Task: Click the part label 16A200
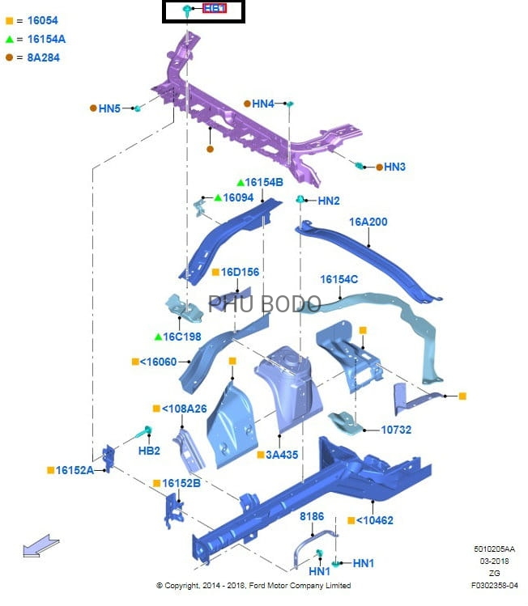pyautogui.click(x=368, y=222)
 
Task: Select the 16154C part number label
pyautogui.click(x=339, y=279)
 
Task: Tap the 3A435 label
pyautogui.click(x=282, y=455)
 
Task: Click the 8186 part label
pyautogui.click(x=312, y=515)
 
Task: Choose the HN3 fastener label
pyautogui.click(x=394, y=167)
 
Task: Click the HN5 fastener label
pyautogui.click(x=109, y=108)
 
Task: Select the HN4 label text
pyautogui.click(x=263, y=104)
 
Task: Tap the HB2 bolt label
pyautogui.click(x=149, y=450)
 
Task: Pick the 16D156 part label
pyautogui.click(x=240, y=272)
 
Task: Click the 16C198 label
pyautogui.click(x=182, y=337)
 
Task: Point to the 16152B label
pyautogui.click(x=181, y=483)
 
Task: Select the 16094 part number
pyautogui.click(x=238, y=197)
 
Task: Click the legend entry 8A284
pyautogui.click(x=43, y=57)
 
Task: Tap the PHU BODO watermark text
pyautogui.click(x=265, y=303)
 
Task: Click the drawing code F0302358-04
pyautogui.click(x=495, y=584)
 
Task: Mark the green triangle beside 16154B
pyautogui.click(x=241, y=182)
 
